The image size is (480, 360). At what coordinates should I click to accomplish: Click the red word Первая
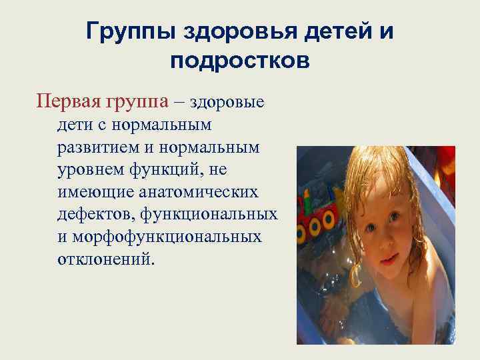click(x=65, y=102)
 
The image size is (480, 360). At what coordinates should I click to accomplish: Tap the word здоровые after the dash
click(x=227, y=102)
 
